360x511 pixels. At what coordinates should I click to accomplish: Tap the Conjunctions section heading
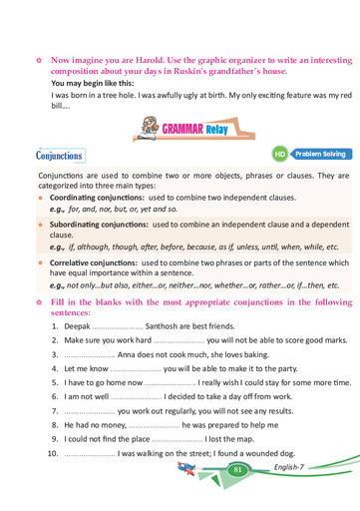click(59, 157)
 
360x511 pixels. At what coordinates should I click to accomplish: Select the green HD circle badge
click(280, 155)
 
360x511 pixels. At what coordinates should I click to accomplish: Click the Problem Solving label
click(316, 155)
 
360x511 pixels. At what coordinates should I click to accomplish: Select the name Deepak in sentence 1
click(79, 326)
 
